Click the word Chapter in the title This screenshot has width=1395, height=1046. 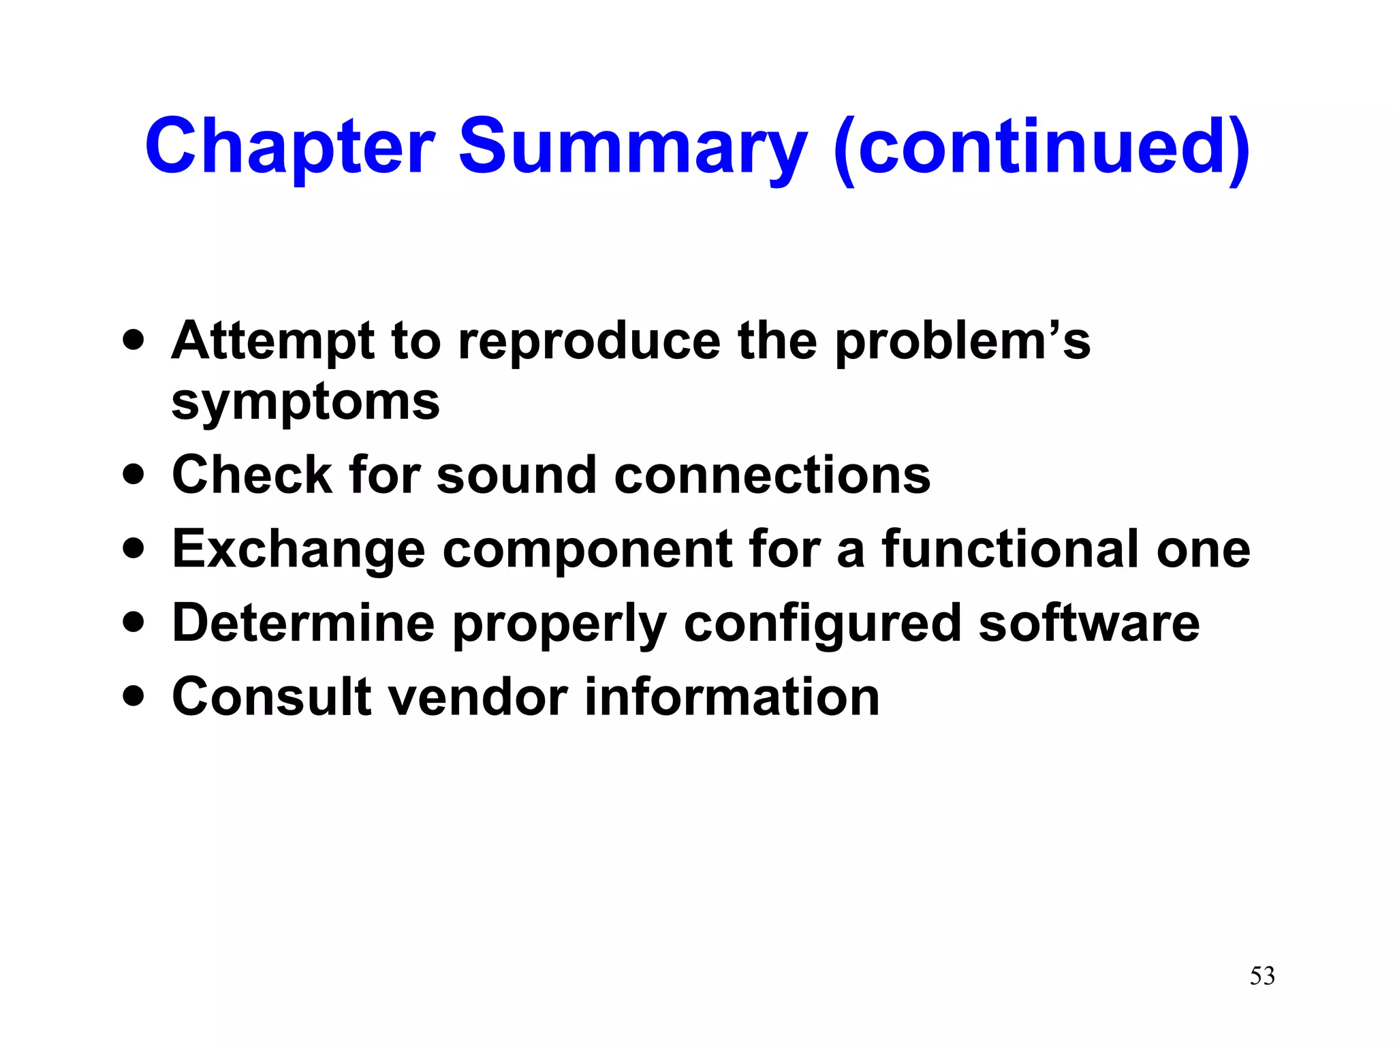tap(289, 146)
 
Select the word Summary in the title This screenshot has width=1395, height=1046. tap(633, 146)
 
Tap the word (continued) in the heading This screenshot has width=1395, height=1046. tap(1041, 146)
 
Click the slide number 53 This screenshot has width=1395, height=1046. tap(1261, 976)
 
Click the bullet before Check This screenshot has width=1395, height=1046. tap(134, 474)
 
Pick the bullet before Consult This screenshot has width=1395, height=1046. tap(134, 696)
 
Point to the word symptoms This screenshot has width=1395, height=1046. tap(306, 402)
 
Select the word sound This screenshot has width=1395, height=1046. tap(516, 475)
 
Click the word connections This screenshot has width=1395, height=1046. tap(772, 475)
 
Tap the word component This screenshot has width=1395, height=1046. tap(587, 549)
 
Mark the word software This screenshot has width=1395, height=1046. tap(1088, 623)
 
